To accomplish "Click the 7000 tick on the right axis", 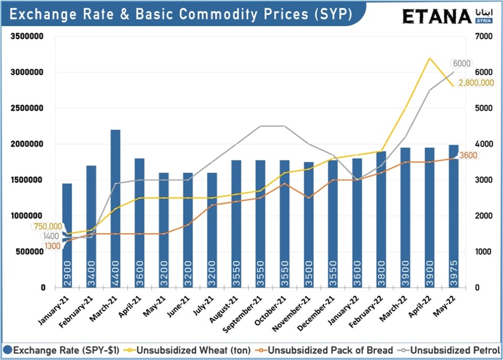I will point(483,37).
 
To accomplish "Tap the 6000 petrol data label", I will point(462,63).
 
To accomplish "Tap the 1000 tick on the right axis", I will point(483,252).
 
